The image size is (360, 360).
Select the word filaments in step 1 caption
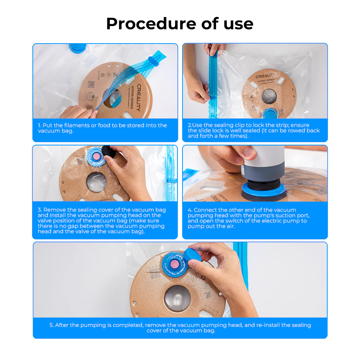coord(74,125)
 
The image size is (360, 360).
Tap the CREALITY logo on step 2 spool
coord(265,76)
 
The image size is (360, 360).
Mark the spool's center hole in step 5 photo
coord(177,298)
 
